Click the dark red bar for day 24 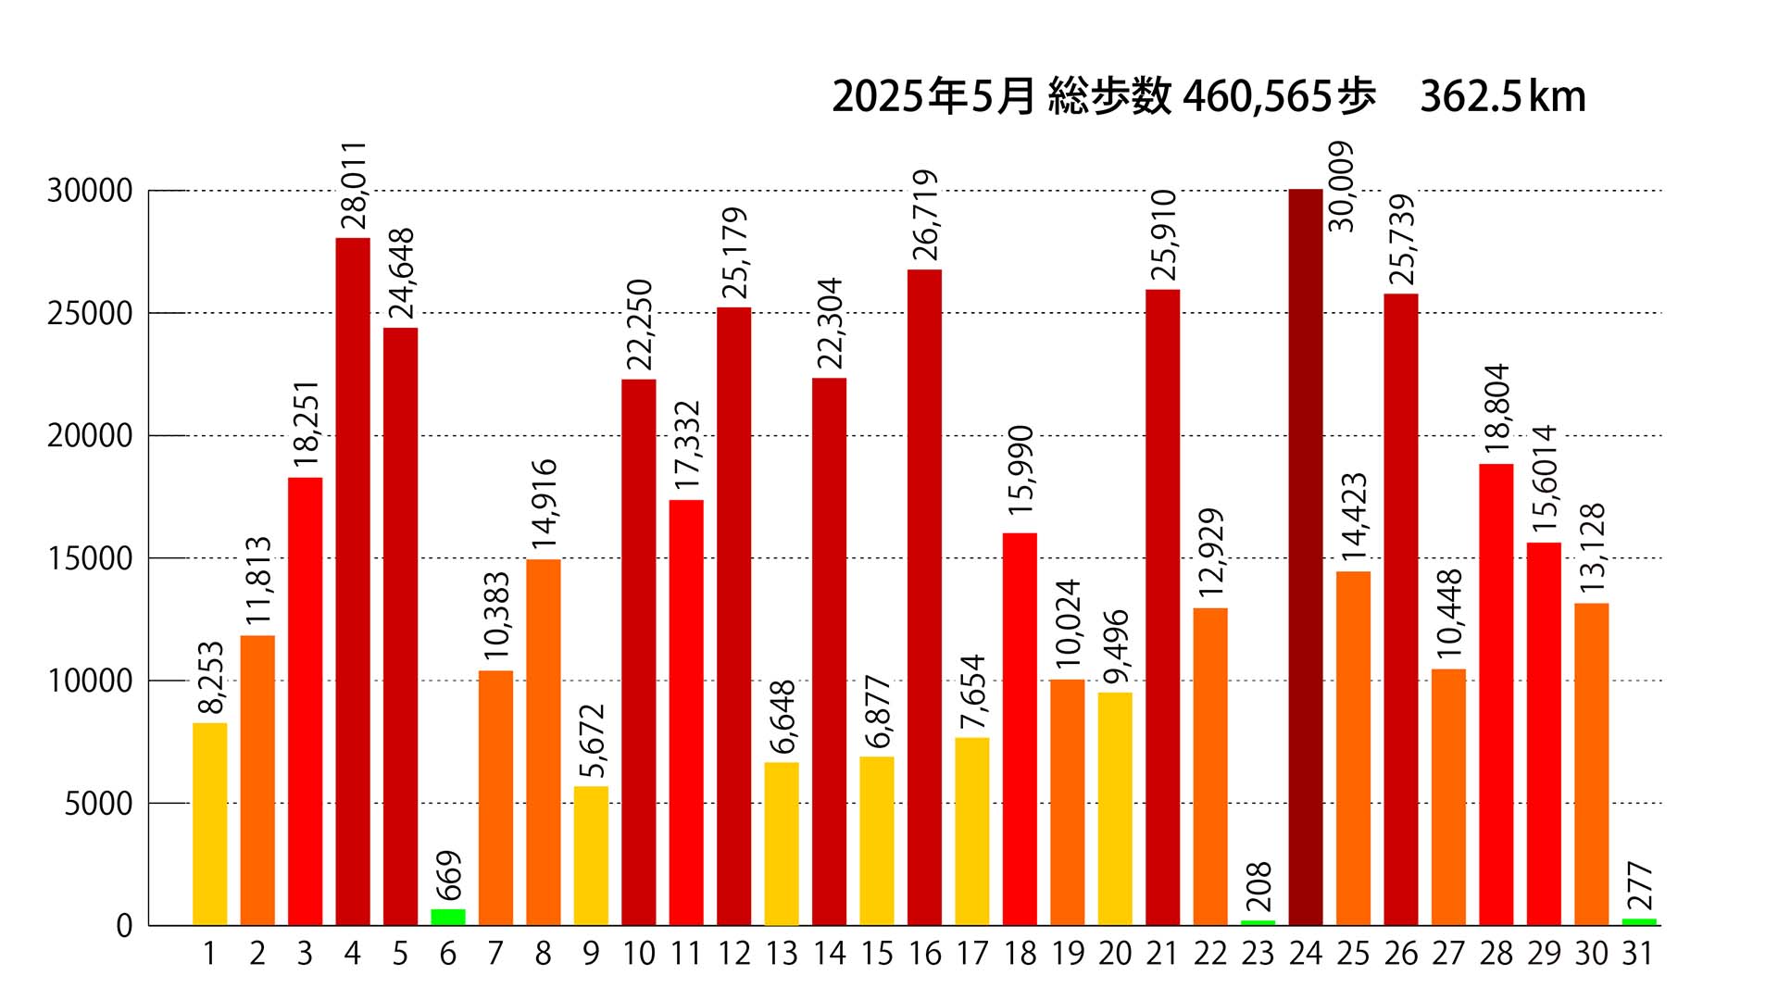tap(1305, 556)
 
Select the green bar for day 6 tap(448, 917)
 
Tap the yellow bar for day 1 tap(209, 824)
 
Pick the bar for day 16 tap(924, 597)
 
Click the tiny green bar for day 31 tap(1638, 921)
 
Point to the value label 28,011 tap(354, 185)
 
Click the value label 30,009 tap(1341, 186)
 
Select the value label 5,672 tap(592, 741)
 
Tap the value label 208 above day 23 tap(1259, 886)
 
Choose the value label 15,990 tap(1020, 470)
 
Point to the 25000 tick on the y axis tap(90, 314)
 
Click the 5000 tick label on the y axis tap(98, 804)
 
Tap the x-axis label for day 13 tap(782, 954)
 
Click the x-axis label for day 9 tap(591, 954)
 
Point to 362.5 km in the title tap(1502, 97)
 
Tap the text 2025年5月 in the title tap(933, 97)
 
